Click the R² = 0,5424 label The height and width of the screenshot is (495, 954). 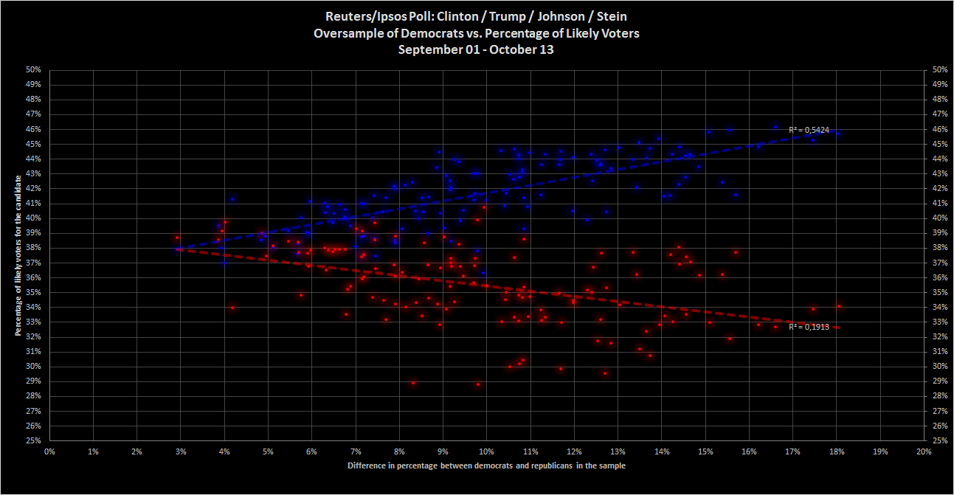click(x=809, y=130)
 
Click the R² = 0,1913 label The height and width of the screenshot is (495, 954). click(x=809, y=326)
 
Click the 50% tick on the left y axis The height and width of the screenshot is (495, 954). click(x=34, y=69)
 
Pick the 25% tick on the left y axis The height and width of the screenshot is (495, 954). click(x=34, y=440)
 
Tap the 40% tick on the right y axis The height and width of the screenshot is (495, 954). click(x=939, y=218)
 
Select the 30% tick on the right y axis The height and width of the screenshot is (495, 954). click(x=939, y=366)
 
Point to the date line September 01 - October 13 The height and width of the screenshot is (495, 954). click(x=476, y=50)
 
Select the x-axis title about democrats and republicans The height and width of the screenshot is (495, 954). click(x=487, y=465)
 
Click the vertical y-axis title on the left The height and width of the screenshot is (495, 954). click(x=16, y=255)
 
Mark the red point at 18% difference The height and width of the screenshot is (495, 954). click(x=839, y=306)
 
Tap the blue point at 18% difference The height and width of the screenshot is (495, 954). click(x=837, y=134)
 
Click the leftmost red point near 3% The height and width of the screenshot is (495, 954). click(x=177, y=238)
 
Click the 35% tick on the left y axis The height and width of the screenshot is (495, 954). click(x=34, y=292)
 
